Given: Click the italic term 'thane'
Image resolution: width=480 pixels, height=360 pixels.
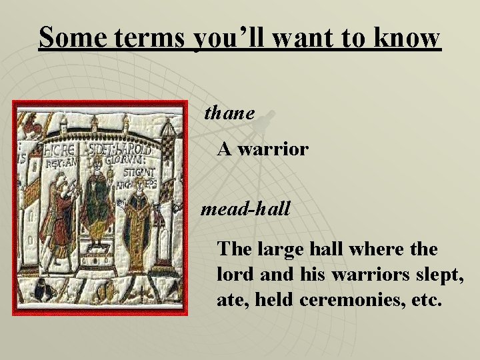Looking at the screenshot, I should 229,113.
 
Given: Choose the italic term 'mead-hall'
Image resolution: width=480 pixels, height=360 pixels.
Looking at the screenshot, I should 246,209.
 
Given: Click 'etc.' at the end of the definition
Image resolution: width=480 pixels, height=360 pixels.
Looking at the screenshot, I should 423,300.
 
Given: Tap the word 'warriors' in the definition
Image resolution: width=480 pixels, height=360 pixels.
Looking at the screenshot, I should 357,275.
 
